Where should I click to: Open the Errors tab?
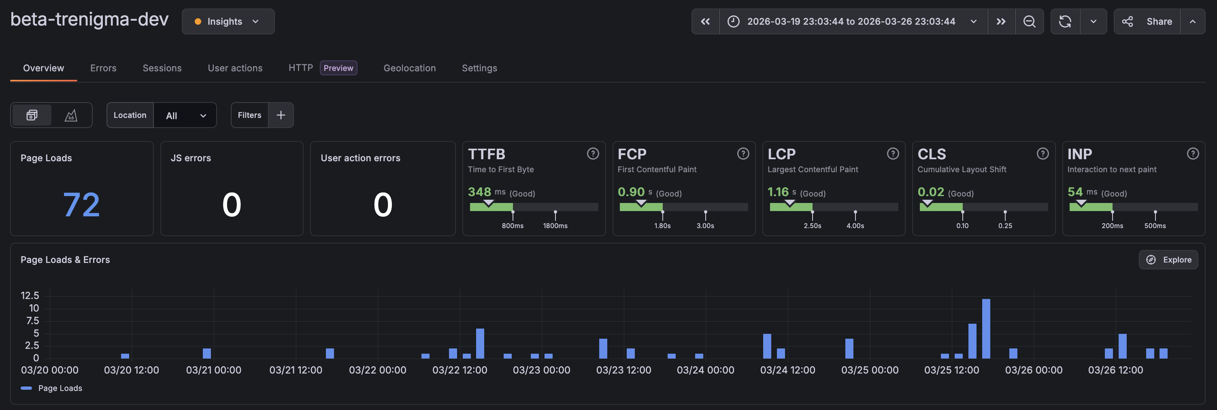coord(103,68)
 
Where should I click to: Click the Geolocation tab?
coord(409,68)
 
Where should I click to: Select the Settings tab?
coord(479,68)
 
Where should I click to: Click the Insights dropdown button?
coord(228,21)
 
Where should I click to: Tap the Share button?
coord(1148,21)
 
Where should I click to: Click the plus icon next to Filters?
coord(281,115)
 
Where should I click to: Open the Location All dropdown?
coord(185,115)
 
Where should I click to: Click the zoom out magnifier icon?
coord(1029,21)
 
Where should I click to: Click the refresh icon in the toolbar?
coord(1065,21)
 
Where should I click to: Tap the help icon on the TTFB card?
coord(592,154)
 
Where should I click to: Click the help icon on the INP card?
coord(1192,154)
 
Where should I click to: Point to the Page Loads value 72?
coord(81,205)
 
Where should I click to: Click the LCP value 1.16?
coord(778,192)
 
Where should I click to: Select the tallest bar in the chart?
coord(985,328)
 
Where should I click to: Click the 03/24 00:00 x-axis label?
coord(705,370)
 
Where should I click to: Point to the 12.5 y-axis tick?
coord(30,296)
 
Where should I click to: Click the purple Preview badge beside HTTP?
coord(338,68)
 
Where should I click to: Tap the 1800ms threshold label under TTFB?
coord(555,226)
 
